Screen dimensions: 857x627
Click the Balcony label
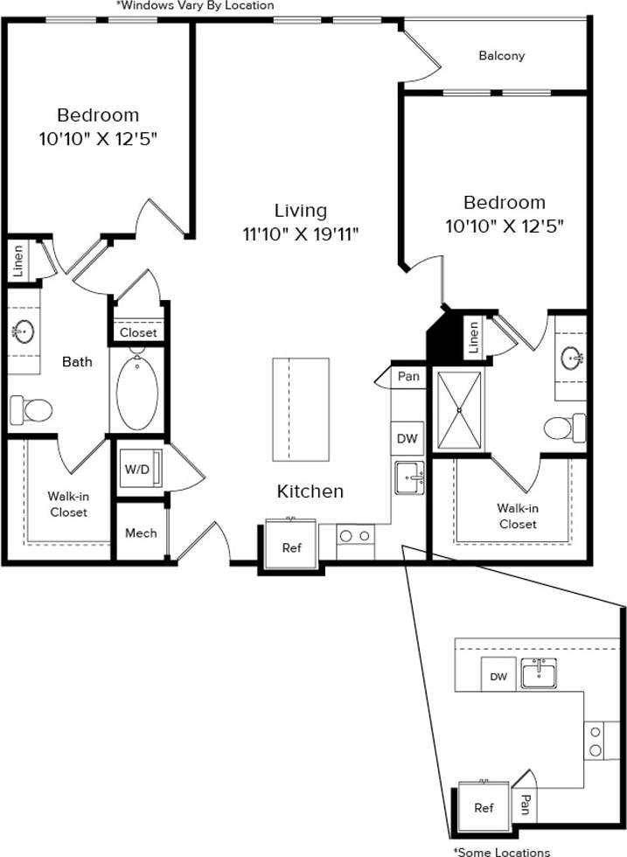pyautogui.click(x=502, y=56)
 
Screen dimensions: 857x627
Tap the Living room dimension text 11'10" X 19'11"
pyautogui.click(x=301, y=233)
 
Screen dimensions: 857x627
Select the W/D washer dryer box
pyautogui.click(x=137, y=469)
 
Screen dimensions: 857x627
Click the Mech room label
pyautogui.click(x=141, y=533)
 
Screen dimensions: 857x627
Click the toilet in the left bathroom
pyautogui.click(x=31, y=408)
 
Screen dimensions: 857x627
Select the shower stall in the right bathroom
pyautogui.click(x=458, y=409)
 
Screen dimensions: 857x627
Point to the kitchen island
pyautogui.click(x=300, y=409)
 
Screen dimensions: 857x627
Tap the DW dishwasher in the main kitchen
pyautogui.click(x=407, y=439)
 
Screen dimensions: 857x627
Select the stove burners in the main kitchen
pyautogui.click(x=355, y=535)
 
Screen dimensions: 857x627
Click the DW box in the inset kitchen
pyautogui.click(x=498, y=676)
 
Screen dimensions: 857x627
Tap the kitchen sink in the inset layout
pyautogui.click(x=540, y=673)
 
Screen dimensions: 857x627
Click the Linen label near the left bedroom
pyautogui.click(x=18, y=261)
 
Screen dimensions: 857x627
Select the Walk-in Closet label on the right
pyautogui.click(x=517, y=516)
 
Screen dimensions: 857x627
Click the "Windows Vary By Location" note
pyautogui.click(x=194, y=6)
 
